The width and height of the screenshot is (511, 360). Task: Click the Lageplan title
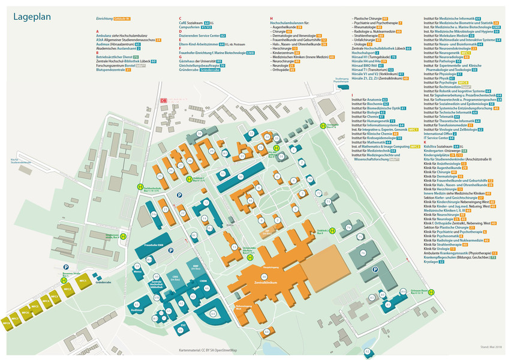click(x=34, y=17)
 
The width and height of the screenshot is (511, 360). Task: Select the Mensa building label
click(x=137, y=272)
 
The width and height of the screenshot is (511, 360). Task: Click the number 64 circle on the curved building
click(x=213, y=313)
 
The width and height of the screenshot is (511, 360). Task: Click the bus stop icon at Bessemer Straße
click(x=64, y=280)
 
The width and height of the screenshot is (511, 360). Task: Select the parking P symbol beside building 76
click(x=375, y=270)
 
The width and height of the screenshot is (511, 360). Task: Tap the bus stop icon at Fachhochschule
click(x=140, y=187)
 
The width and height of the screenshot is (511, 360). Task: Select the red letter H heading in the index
click(x=271, y=19)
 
